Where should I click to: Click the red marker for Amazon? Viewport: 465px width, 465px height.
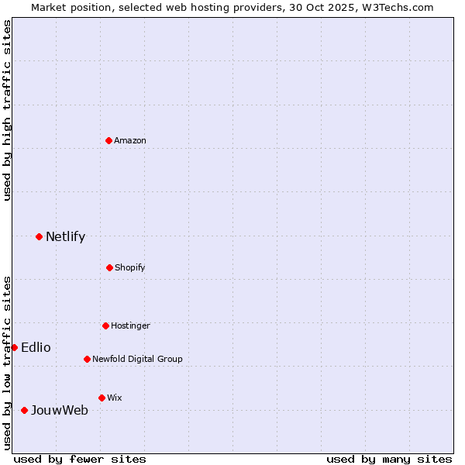coord(109,140)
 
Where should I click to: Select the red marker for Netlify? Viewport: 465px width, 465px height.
coord(39,236)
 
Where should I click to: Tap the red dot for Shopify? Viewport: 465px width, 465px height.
coord(109,267)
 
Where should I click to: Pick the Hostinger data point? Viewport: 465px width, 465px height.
coord(105,325)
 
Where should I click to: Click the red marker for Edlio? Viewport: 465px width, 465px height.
coord(14,347)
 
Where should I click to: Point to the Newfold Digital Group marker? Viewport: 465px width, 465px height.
coord(87,359)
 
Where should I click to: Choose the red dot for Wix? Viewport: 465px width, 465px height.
coord(102,398)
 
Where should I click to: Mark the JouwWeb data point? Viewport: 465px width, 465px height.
coord(24,410)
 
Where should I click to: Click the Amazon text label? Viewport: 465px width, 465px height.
coord(130,140)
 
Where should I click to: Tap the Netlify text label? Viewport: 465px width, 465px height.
coord(65,236)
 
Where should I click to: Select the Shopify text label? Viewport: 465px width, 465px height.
coord(130,267)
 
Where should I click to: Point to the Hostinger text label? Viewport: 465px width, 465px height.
coord(130,325)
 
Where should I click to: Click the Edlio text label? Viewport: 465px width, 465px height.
coord(36,347)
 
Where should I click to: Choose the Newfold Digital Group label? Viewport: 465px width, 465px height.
coord(137,359)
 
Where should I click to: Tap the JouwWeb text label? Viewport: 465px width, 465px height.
coord(59,410)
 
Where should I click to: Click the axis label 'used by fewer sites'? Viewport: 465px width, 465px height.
coord(80,459)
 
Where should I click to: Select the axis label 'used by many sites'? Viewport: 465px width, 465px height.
coord(389,459)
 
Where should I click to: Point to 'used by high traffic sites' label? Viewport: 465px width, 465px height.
coord(7,110)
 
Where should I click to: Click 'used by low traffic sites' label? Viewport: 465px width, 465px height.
coord(7,362)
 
